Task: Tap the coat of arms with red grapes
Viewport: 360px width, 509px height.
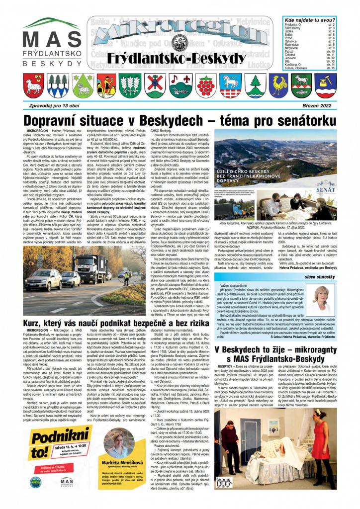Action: [x=205, y=85]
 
